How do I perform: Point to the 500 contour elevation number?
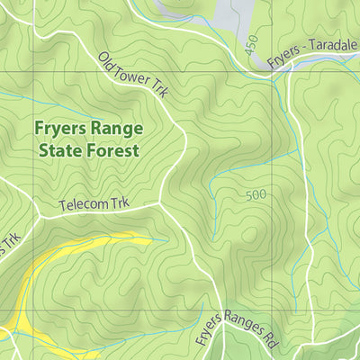[257, 195]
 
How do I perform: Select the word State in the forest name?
[58, 150]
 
